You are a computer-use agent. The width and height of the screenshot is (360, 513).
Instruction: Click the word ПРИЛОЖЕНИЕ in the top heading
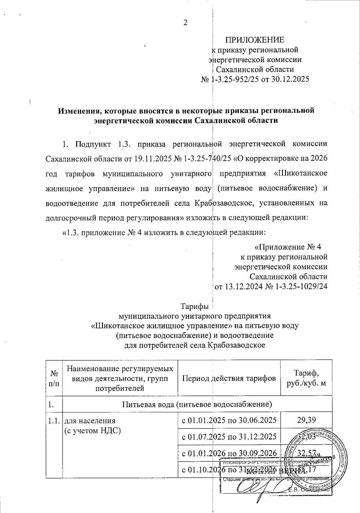pyautogui.click(x=255, y=40)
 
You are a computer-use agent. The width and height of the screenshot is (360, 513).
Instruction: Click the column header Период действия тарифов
pyautogui.click(x=229, y=378)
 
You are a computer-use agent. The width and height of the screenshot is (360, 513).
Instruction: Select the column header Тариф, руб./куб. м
pyautogui.click(x=306, y=378)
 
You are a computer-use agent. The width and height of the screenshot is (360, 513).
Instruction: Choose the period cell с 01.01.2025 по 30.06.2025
pyautogui.click(x=229, y=420)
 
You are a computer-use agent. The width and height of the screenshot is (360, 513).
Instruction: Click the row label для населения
pyautogui.click(x=90, y=420)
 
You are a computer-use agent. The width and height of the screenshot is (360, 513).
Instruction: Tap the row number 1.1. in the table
pyautogui.click(x=54, y=420)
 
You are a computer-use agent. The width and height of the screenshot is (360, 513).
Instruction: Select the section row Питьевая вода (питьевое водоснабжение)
pyautogui.click(x=197, y=405)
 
